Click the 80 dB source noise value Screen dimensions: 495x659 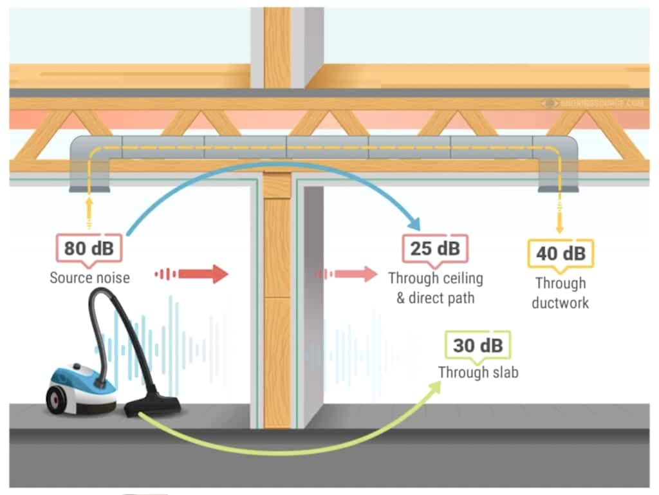click(89, 247)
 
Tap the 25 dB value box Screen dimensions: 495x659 click(436, 248)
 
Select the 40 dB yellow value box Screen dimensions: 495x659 click(560, 253)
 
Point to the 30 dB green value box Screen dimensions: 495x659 click(478, 346)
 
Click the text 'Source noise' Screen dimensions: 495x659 click(89, 278)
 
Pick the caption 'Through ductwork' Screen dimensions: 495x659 click(560, 293)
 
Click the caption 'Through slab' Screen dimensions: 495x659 click(478, 372)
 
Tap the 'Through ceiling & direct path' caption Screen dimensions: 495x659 click(436, 288)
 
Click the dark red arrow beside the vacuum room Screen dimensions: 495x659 click(203, 274)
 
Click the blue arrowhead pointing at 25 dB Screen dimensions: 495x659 click(413, 223)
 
